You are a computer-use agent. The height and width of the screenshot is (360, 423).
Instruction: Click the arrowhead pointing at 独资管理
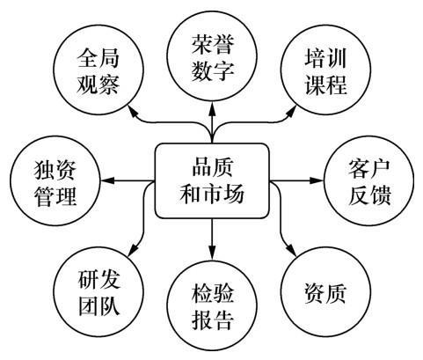(x=107, y=180)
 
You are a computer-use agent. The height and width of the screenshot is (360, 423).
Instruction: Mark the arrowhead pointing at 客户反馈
(x=317, y=180)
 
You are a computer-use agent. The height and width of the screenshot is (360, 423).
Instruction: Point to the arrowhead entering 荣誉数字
(x=212, y=107)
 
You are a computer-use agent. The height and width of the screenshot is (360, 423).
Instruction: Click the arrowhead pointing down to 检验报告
(x=212, y=253)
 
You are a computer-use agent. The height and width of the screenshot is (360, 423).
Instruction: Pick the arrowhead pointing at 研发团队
(x=133, y=250)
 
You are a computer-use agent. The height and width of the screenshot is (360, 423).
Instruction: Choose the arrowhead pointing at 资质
(x=291, y=250)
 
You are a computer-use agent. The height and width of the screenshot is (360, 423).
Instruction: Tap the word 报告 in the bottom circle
(x=213, y=320)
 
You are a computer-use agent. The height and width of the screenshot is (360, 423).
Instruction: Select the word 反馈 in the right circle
(x=369, y=195)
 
